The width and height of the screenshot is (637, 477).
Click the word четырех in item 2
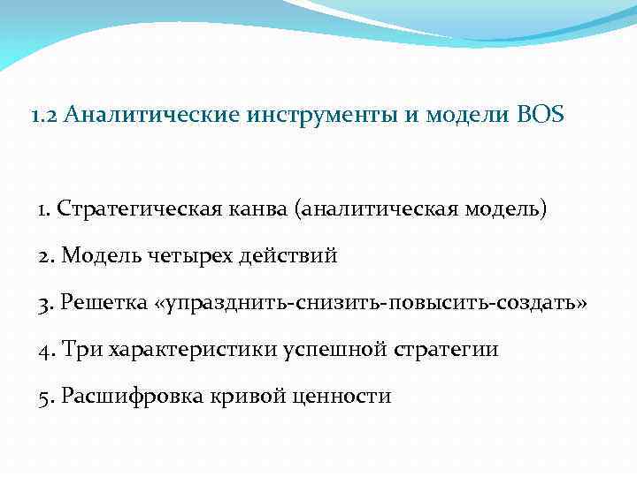tap(189, 256)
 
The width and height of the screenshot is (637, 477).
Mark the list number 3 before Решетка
tap(45, 303)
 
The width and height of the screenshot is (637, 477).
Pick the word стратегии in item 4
tap(452, 349)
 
